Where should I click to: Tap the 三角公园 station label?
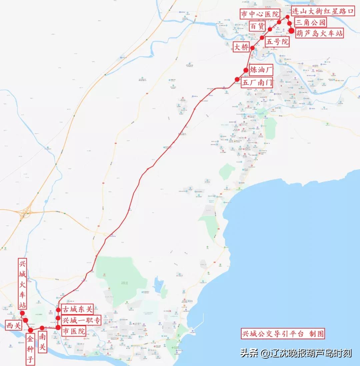pyautogui.click(x=310, y=23)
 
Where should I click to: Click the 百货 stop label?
pyautogui.click(x=257, y=26)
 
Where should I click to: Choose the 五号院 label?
pyautogui.click(x=277, y=42)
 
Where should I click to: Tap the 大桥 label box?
pyautogui.click(x=241, y=47)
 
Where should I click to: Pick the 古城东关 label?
pyautogui.click(x=77, y=309)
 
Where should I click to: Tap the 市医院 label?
pyautogui.click(x=73, y=331)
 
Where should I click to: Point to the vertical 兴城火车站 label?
pyautogui.click(x=22, y=285)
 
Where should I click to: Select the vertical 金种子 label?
pyautogui.click(x=30, y=349)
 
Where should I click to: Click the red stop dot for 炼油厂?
pyautogui.click(x=246, y=70)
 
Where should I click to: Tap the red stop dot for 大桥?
pyautogui.click(x=252, y=48)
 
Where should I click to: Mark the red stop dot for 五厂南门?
pyautogui.click(x=237, y=79)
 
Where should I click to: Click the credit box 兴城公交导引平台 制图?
pyautogui.click(x=282, y=333)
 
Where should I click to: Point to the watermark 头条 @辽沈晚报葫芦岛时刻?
pyautogui.click(x=296, y=353)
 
